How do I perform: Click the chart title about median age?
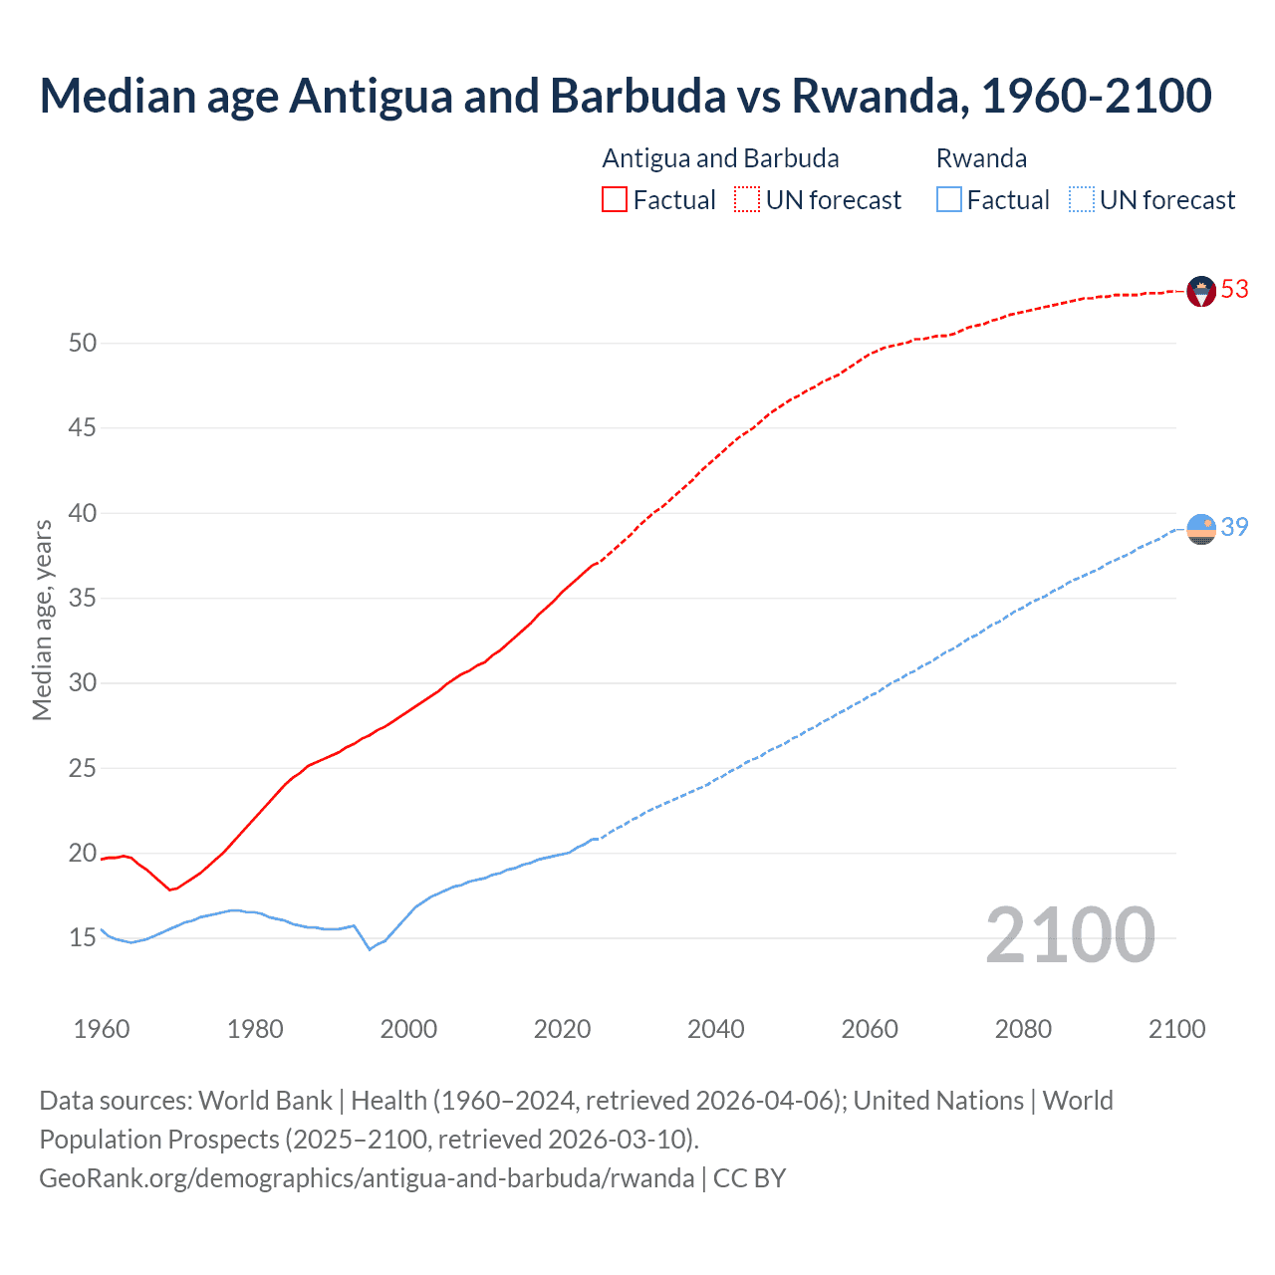click(x=626, y=96)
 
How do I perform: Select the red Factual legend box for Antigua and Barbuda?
click(x=615, y=200)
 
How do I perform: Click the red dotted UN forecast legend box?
click(x=747, y=200)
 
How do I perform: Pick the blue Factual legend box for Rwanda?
click(x=948, y=200)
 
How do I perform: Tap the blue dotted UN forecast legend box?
click(x=1081, y=200)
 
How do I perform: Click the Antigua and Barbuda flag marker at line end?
click(x=1201, y=291)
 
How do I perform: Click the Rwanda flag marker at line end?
click(x=1201, y=529)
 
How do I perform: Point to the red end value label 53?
click(x=1235, y=289)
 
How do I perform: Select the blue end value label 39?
click(x=1235, y=527)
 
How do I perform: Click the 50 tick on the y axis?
click(x=83, y=344)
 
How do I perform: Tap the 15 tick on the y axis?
click(x=83, y=938)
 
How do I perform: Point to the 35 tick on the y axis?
click(x=83, y=599)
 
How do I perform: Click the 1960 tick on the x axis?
click(x=102, y=1029)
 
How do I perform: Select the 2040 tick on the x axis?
click(x=716, y=1029)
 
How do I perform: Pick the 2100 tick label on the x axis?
click(x=1176, y=1029)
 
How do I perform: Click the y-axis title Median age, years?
click(x=42, y=620)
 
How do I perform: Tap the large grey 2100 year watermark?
click(x=1070, y=936)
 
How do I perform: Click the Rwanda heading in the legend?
click(x=981, y=158)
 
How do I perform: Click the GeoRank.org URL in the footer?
click(x=367, y=1178)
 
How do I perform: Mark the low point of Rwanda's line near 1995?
click(x=370, y=949)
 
